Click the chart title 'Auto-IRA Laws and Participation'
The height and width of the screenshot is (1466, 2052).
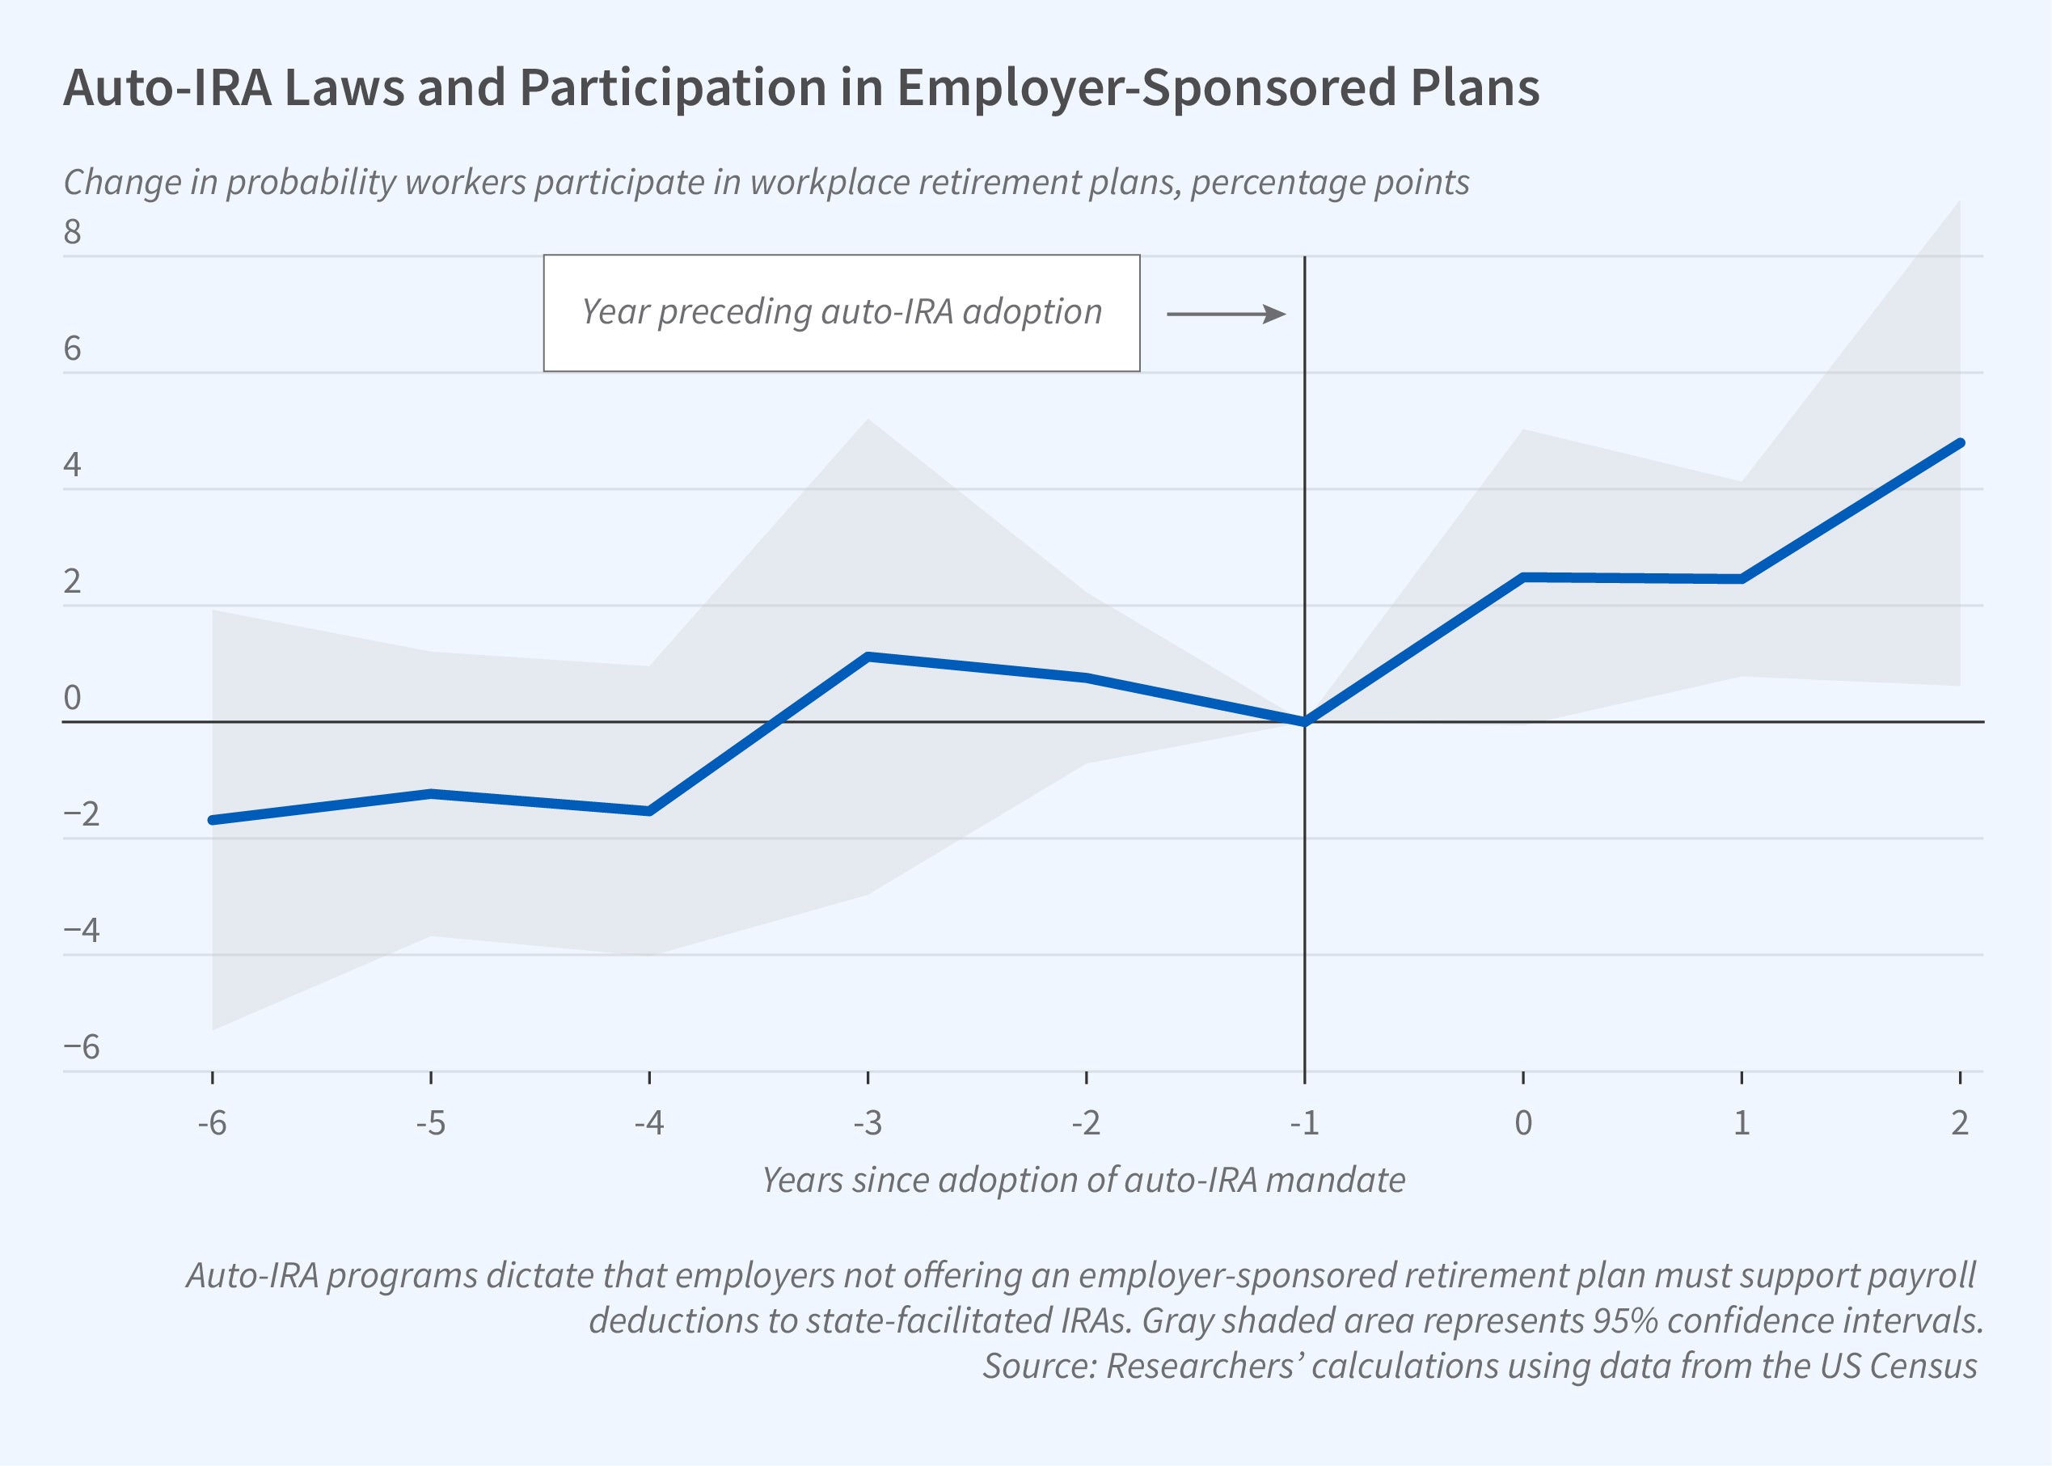800,88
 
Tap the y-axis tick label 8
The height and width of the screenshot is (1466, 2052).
72,233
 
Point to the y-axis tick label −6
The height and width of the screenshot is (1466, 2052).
81,1047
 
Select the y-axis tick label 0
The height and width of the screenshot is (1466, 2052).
72,698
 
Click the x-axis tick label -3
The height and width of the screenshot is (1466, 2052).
868,1122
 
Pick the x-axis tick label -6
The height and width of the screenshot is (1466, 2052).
212,1122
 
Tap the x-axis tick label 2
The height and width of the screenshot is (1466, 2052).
1959,1122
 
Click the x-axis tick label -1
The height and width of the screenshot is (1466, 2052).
1304,1122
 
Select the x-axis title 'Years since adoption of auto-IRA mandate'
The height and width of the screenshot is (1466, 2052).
1083,1180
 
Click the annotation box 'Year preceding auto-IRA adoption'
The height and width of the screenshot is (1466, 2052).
841,312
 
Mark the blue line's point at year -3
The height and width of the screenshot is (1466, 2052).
868,657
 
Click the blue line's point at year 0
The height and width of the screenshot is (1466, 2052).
1523,577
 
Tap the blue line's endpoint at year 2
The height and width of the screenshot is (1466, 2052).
1959,443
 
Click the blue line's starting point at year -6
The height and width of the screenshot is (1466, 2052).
213,820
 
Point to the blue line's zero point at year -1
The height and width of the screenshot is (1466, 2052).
1305,721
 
